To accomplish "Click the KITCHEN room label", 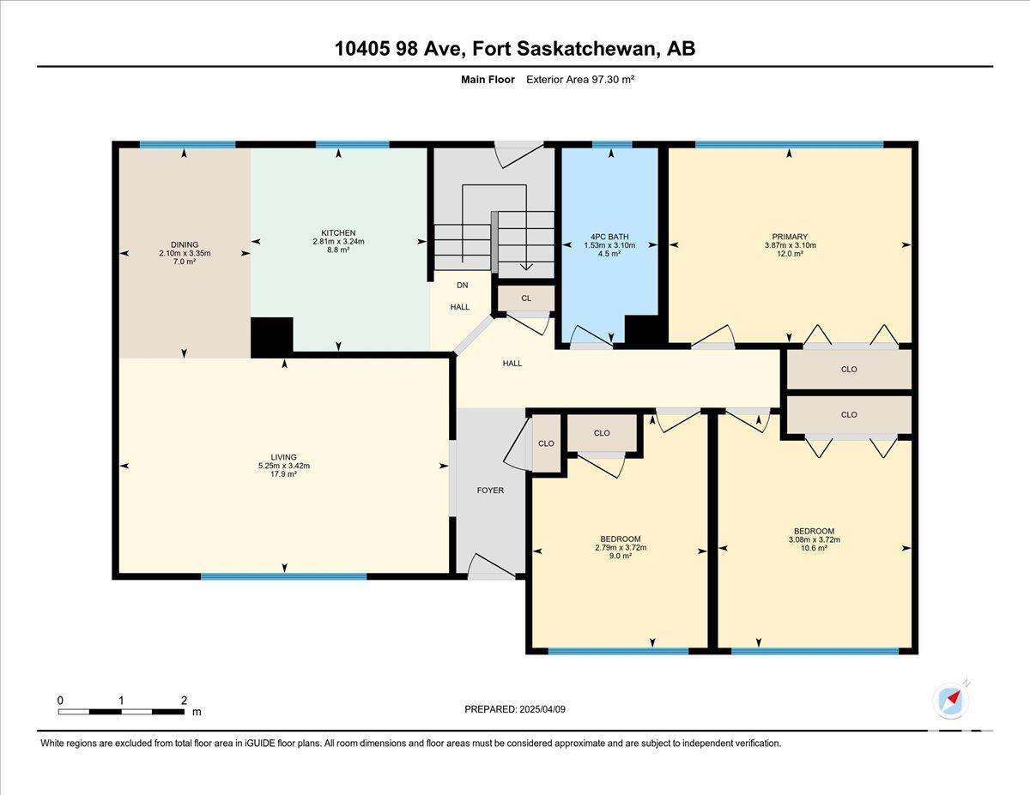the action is (338, 233).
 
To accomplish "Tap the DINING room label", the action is (185, 244).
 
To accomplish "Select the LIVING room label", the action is (283, 457).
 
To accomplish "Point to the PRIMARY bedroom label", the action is (790, 237).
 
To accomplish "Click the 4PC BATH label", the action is (609, 237).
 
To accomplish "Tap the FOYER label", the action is (490, 491).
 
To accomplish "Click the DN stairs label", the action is (462, 285).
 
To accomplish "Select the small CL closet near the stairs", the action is (526, 298).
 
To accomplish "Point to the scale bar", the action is (121, 712).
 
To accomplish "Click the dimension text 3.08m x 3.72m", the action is (815, 539).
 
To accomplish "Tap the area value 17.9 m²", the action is (283, 474).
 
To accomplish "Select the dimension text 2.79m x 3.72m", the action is (621, 548).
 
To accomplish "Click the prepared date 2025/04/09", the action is (542, 709).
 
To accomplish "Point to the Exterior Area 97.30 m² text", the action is (580, 80).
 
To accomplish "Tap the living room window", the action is (283, 576).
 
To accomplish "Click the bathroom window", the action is (612, 144).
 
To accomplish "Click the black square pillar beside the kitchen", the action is (271, 337).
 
